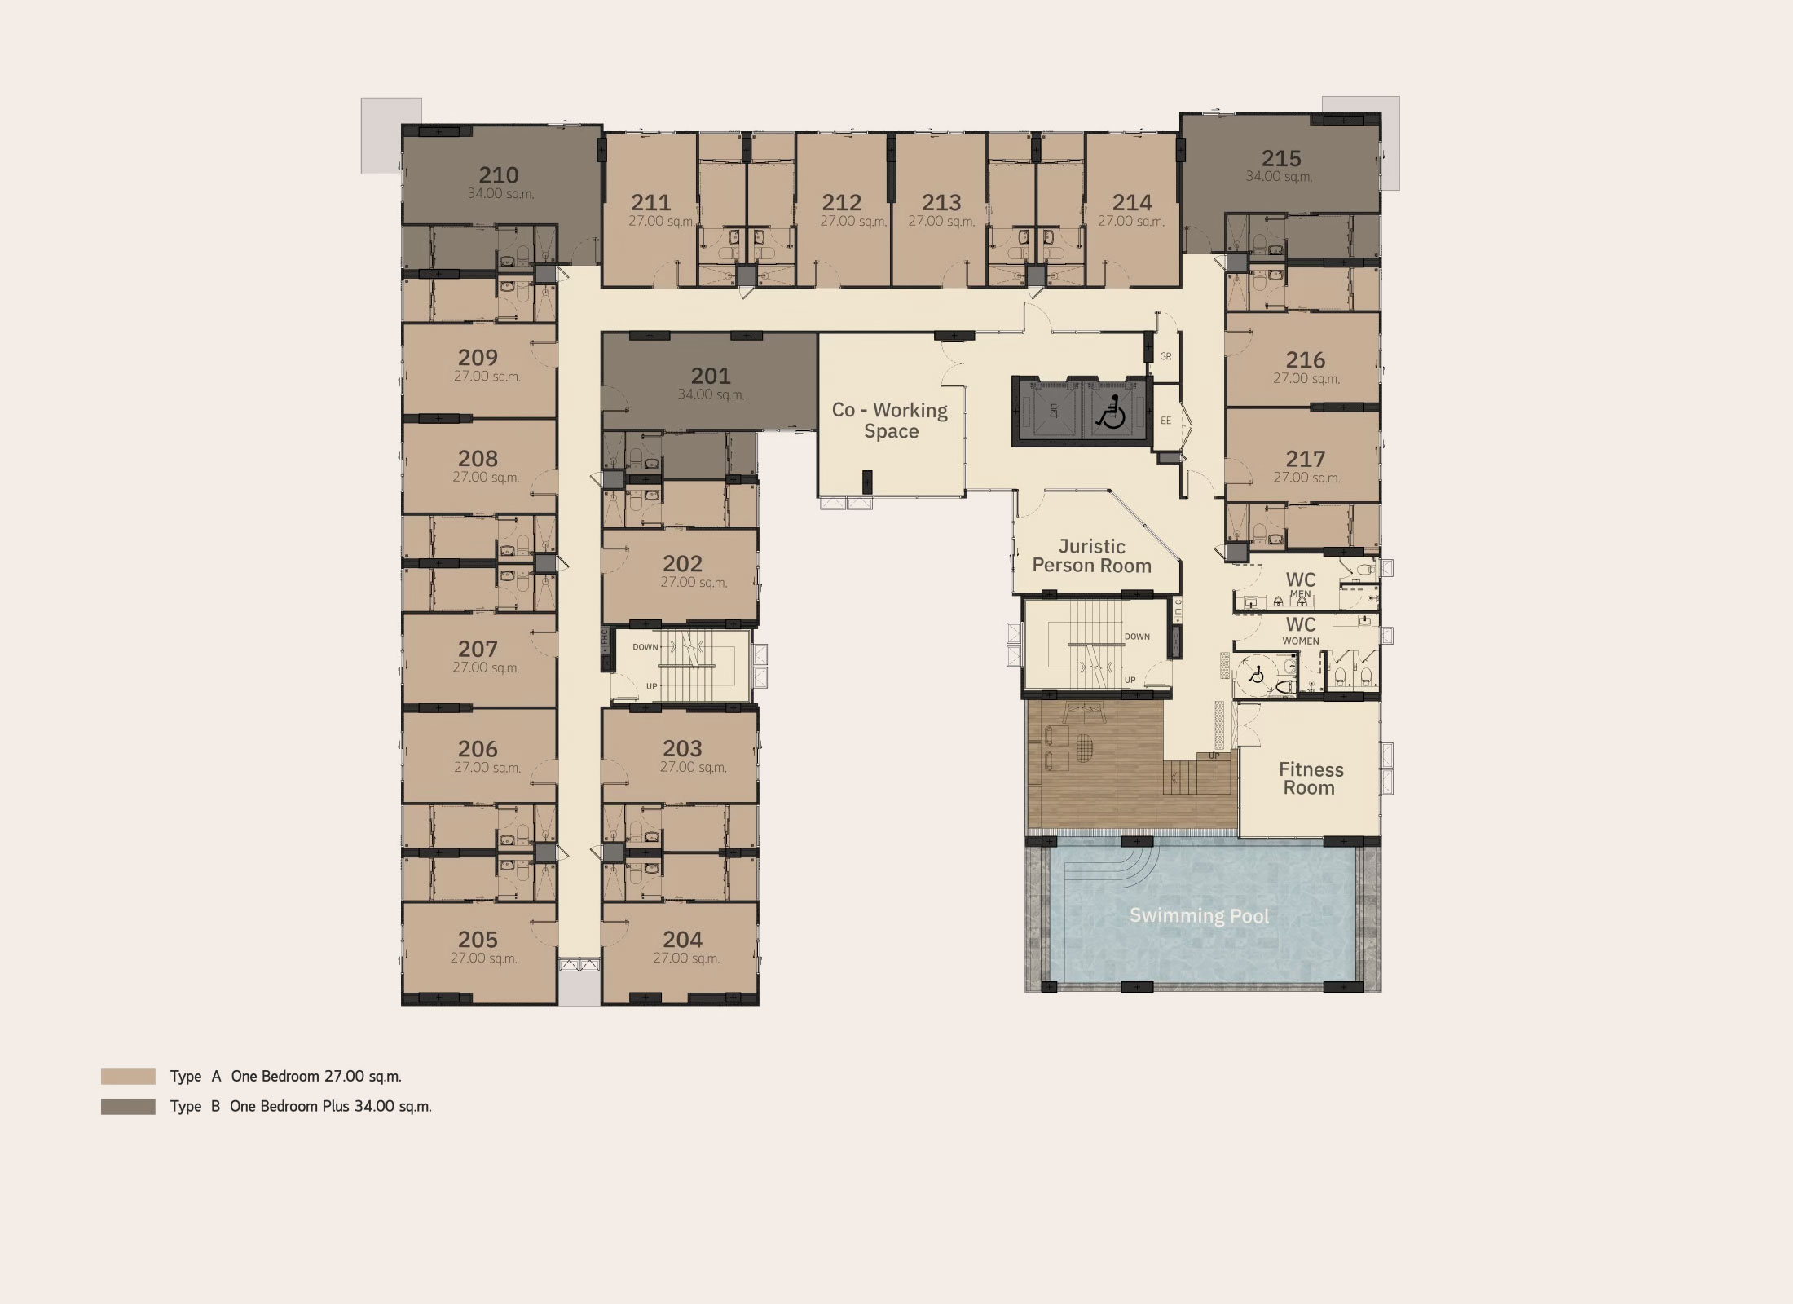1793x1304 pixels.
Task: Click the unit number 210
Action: [x=498, y=175]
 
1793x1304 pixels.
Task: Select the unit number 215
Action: [x=1281, y=158]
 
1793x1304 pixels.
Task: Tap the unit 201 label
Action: [x=711, y=376]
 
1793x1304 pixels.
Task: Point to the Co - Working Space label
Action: [x=890, y=421]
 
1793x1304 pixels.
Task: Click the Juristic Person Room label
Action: [x=1091, y=556]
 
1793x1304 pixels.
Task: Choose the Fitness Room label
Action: [x=1311, y=778]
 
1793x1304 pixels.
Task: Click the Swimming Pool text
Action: [x=1199, y=916]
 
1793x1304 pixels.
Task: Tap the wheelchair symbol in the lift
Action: [x=1111, y=412]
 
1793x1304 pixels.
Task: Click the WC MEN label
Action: [x=1301, y=584]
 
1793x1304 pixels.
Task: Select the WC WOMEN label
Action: [x=1301, y=630]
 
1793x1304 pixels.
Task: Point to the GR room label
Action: [x=1165, y=356]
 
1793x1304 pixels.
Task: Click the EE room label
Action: [x=1165, y=421]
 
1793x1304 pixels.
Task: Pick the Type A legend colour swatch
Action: [x=128, y=1077]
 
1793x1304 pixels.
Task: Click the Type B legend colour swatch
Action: [x=128, y=1107]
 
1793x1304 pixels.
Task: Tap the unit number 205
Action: [x=478, y=940]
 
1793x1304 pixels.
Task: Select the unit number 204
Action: [x=682, y=940]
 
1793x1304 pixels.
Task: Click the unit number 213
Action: [x=941, y=202]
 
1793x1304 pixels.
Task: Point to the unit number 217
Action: [x=1306, y=459]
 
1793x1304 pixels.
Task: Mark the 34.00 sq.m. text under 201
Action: [x=711, y=394]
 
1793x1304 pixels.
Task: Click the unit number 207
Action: [x=478, y=649]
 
